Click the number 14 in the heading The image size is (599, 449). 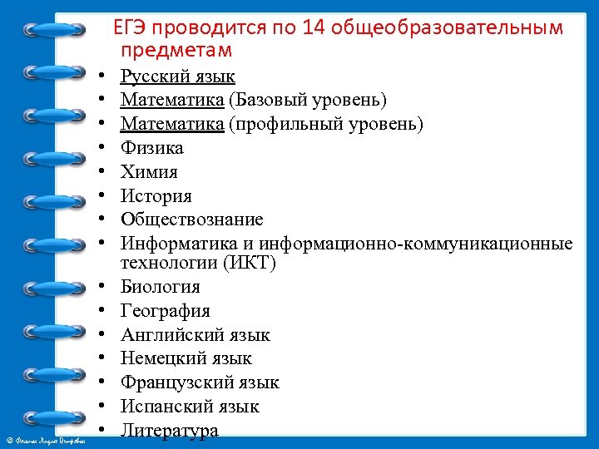[315, 28]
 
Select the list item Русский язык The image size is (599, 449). [177, 77]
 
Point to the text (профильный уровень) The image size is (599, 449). [326, 125]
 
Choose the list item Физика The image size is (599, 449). [151, 149]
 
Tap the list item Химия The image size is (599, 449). [149, 173]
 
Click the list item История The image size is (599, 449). [156, 196]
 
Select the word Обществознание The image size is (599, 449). [191, 220]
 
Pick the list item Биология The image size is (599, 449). [160, 287]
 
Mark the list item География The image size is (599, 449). [165, 311]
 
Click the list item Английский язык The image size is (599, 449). [195, 335]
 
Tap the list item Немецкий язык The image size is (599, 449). [186, 358]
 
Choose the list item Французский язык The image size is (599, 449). [200, 382]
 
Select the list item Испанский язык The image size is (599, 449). [190, 407]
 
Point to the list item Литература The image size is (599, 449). [169, 431]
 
